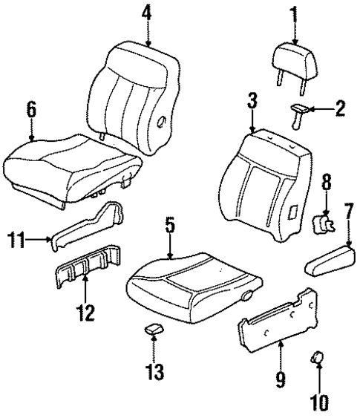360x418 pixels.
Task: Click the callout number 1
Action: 295,13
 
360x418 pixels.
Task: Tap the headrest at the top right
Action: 295,57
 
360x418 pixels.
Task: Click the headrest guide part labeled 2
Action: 298,111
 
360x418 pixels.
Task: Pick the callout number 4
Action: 147,13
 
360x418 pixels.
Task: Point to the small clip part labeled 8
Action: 322,222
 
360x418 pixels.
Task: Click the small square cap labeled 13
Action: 152,329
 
